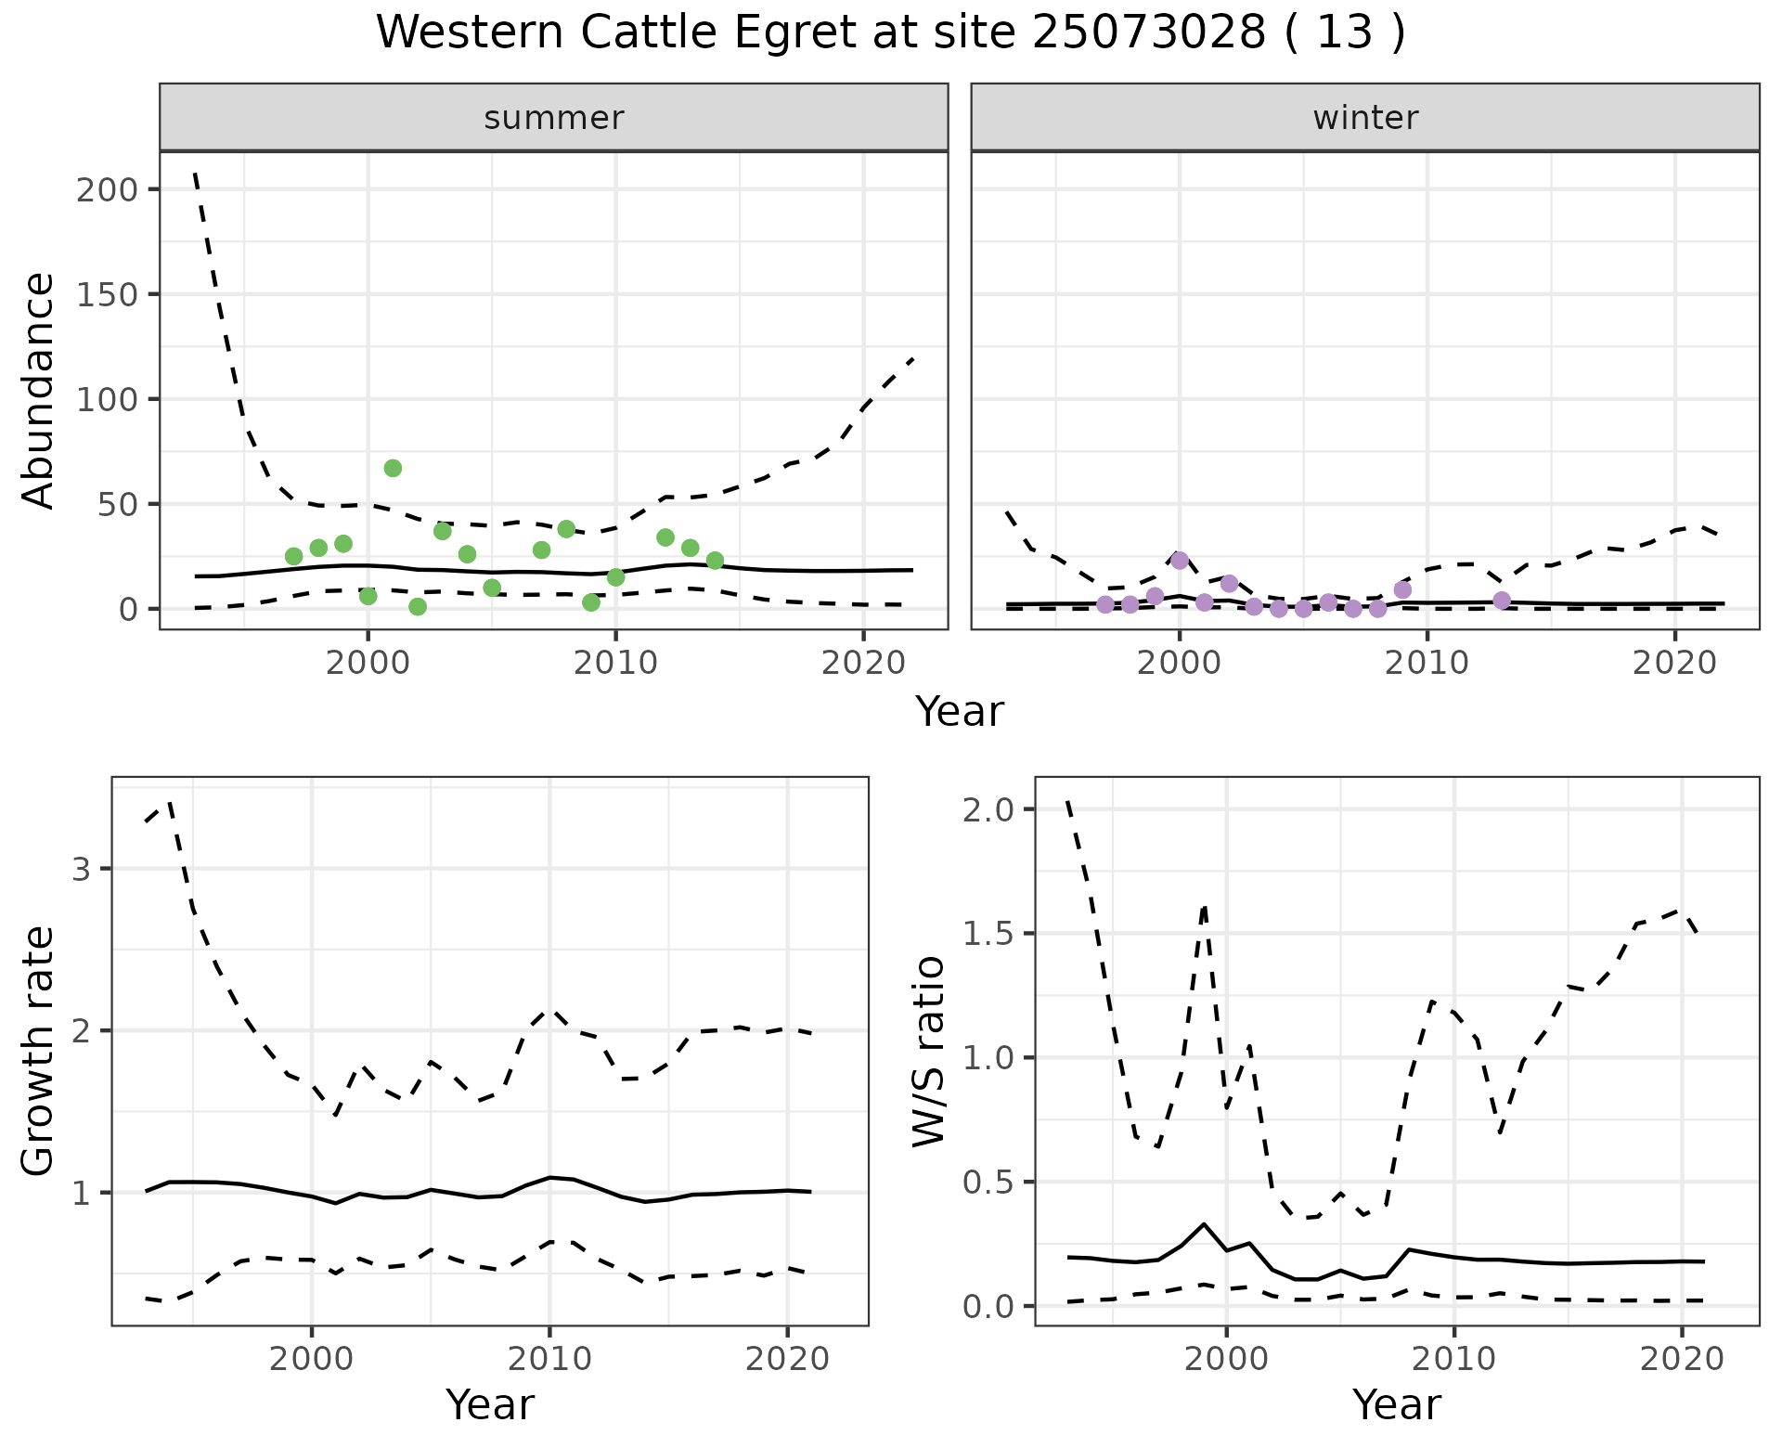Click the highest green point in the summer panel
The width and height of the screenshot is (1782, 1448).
(393, 468)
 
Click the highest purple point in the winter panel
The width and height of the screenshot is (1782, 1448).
(1180, 560)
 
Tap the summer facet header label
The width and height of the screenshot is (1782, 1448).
(554, 118)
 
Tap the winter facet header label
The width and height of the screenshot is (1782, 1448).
(1365, 118)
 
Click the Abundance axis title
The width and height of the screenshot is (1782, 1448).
(39, 390)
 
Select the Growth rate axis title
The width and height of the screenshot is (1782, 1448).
(39, 1051)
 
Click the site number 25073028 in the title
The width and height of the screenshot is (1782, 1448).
(1148, 33)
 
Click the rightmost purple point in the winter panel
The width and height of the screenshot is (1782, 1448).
(1502, 601)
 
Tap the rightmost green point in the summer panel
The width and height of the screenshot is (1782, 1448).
(715, 561)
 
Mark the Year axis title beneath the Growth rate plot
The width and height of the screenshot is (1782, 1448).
(490, 1405)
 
